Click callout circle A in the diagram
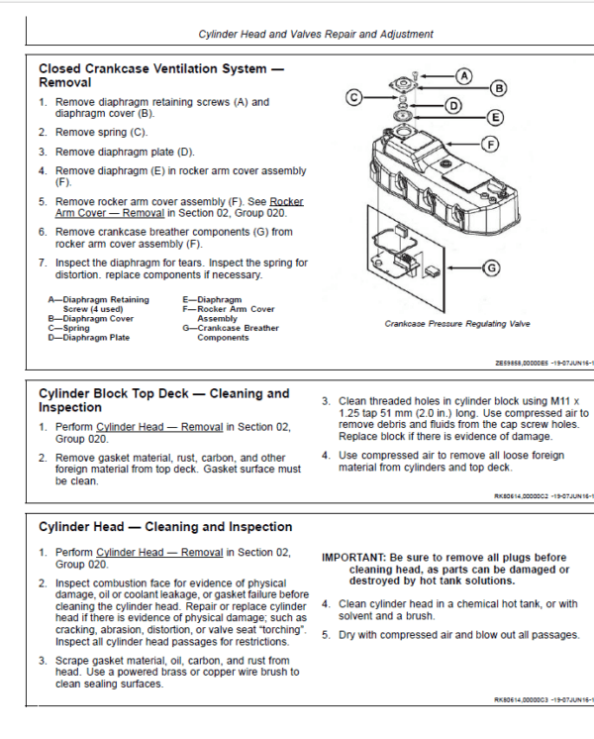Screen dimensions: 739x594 pyautogui.click(x=462, y=75)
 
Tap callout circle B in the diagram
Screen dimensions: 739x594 pyautogui.click(x=499, y=88)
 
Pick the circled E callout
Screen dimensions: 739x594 pyautogui.click(x=494, y=118)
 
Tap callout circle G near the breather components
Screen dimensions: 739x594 pyautogui.click(x=492, y=267)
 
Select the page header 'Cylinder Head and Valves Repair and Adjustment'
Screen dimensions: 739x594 pyautogui.click(x=315, y=34)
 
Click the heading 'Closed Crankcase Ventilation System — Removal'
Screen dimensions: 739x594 pyautogui.click(x=151, y=75)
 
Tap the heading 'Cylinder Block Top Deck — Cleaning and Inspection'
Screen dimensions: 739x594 pyautogui.click(x=163, y=400)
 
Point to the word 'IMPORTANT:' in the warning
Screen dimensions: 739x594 pyautogui.click(x=356, y=558)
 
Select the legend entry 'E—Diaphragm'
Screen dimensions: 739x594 pyautogui.click(x=212, y=299)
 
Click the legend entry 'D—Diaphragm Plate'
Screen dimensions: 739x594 pyautogui.click(x=88, y=338)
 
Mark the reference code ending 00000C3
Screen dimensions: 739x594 pyautogui.click(x=543, y=700)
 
